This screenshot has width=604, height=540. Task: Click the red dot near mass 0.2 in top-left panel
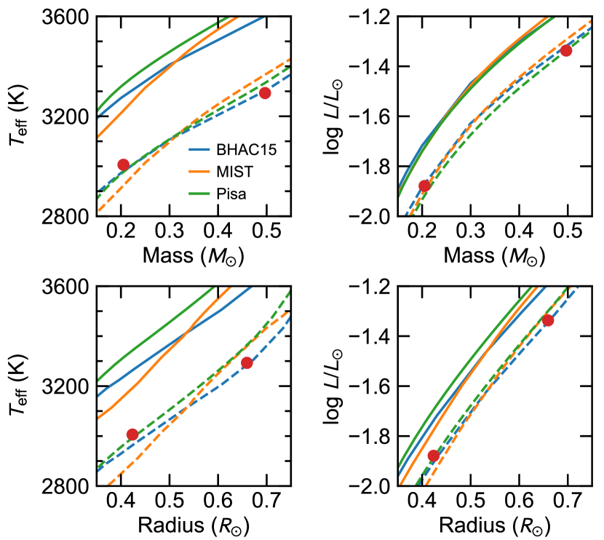(123, 164)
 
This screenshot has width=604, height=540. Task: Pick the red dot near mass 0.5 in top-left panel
(265, 92)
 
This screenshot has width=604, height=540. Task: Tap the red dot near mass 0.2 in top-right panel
(425, 186)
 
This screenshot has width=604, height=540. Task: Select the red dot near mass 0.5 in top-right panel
(566, 50)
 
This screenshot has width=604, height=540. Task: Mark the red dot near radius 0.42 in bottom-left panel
(132, 434)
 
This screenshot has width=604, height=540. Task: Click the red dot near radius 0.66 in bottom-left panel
(247, 362)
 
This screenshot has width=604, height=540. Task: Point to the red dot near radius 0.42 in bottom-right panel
(434, 456)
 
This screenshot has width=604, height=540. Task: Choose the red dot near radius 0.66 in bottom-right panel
(548, 320)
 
